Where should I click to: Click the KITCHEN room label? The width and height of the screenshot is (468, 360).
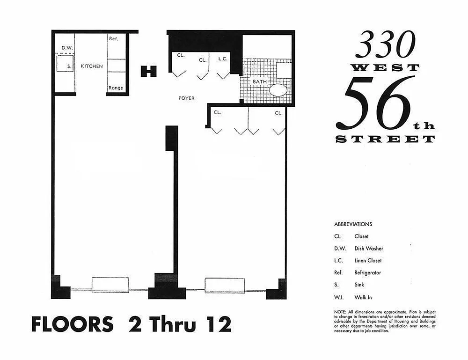pyautogui.click(x=92, y=66)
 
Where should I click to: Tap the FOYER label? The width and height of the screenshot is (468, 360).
pyautogui.click(x=187, y=98)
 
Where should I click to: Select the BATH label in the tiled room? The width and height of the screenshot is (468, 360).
pyautogui.click(x=260, y=81)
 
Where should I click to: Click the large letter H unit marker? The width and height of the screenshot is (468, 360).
pyautogui.click(x=149, y=71)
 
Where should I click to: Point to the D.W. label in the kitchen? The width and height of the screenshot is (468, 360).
pyautogui.click(x=67, y=48)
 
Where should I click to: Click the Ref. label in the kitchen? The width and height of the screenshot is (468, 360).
pyautogui.click(x=113, y=38)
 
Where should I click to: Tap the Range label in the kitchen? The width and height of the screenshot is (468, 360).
pyautogui.click(x=116, y=88)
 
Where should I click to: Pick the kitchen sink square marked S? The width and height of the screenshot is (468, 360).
pyautogui.click(x=65, y=63)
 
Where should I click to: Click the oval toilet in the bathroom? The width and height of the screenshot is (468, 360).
pyautogui.click(x=278, y=90)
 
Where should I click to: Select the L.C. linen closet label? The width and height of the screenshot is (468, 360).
pyautogui.click(x=223, y=59)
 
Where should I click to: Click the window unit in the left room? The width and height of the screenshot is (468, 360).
pyautogui.click(x=110, y=285)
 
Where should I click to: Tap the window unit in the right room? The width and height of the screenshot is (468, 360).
pyautogui.click(x=225, y=286)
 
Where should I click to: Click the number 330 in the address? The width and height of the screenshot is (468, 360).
pyautogui.click(x=386, y=45)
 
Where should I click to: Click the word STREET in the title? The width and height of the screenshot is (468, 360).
pyautogui.click(x=385, y=139)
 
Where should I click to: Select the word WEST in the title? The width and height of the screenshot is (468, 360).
pyautogui.click(x=386, y=68)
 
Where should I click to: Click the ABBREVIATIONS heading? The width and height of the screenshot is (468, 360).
pyautogui.click(x=353, y=224)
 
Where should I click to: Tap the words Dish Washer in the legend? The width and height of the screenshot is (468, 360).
pyautogui.click(x=369, y=249)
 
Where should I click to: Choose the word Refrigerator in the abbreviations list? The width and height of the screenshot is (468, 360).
pyautogui.click(x=367, y=272)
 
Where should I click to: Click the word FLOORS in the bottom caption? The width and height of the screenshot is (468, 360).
pyautogui.click(x=73, y=324)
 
